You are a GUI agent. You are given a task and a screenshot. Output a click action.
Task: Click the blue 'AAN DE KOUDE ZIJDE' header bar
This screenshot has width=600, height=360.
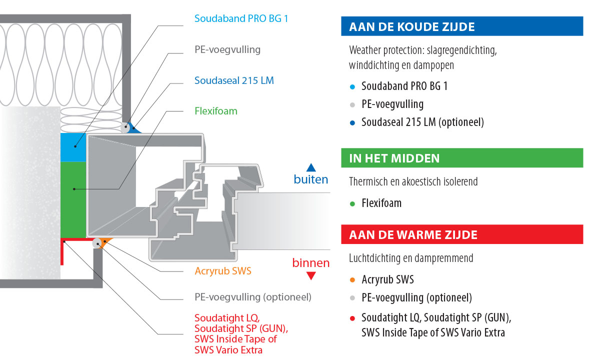coord(462,26)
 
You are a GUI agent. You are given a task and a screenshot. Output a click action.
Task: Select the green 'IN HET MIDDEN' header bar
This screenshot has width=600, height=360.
coord(462,158)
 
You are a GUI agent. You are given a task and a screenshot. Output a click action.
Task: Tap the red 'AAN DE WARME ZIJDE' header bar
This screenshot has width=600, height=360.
coord(462,234)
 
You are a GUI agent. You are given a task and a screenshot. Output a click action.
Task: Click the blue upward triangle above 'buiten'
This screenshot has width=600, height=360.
coord(310,167)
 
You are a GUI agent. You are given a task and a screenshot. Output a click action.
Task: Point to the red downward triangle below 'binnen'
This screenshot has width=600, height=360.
coord(310,276)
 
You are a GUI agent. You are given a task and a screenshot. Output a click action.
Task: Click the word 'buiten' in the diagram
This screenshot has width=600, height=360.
coord(310,179)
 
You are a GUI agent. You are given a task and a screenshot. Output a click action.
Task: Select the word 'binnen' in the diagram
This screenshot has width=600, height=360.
coord(310,263)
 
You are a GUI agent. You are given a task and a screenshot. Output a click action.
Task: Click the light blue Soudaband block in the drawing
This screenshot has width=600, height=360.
coord(73,147)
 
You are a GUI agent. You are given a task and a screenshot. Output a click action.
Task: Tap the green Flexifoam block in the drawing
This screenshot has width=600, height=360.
coord(73,200)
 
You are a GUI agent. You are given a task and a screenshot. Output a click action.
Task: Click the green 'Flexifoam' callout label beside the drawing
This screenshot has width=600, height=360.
coord(216,111)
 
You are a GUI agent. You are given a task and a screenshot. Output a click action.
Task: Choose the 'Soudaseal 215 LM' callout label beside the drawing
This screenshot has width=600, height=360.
coord(234,80)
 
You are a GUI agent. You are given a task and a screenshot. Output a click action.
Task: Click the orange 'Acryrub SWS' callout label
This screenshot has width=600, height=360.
coord(223,271)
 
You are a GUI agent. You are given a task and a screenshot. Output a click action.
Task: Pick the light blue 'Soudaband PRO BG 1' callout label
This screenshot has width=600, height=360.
coord(241,18)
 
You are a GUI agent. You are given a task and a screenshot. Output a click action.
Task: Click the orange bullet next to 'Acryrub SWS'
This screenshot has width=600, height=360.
coord(352,280)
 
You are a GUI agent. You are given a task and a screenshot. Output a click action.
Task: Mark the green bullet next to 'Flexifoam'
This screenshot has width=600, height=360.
coord(352,204)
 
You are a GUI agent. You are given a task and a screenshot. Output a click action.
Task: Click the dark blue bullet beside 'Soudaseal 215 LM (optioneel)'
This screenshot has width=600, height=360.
coord(352,122)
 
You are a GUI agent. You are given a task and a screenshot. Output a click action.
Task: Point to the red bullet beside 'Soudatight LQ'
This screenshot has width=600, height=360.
coord(352,318)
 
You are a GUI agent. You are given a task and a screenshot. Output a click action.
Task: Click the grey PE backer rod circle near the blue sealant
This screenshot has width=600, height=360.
coord(125,127)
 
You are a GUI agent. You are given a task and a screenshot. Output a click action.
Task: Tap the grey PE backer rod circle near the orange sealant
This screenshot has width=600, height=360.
coord(97,243)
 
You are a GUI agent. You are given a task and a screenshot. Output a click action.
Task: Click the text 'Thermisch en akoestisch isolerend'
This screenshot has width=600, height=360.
coord(413,181)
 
